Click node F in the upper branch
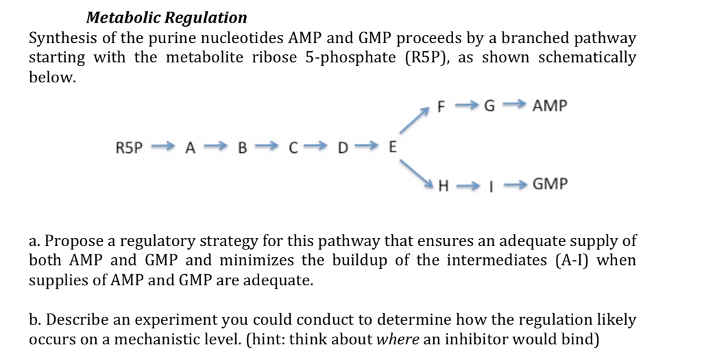coord(442,108)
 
